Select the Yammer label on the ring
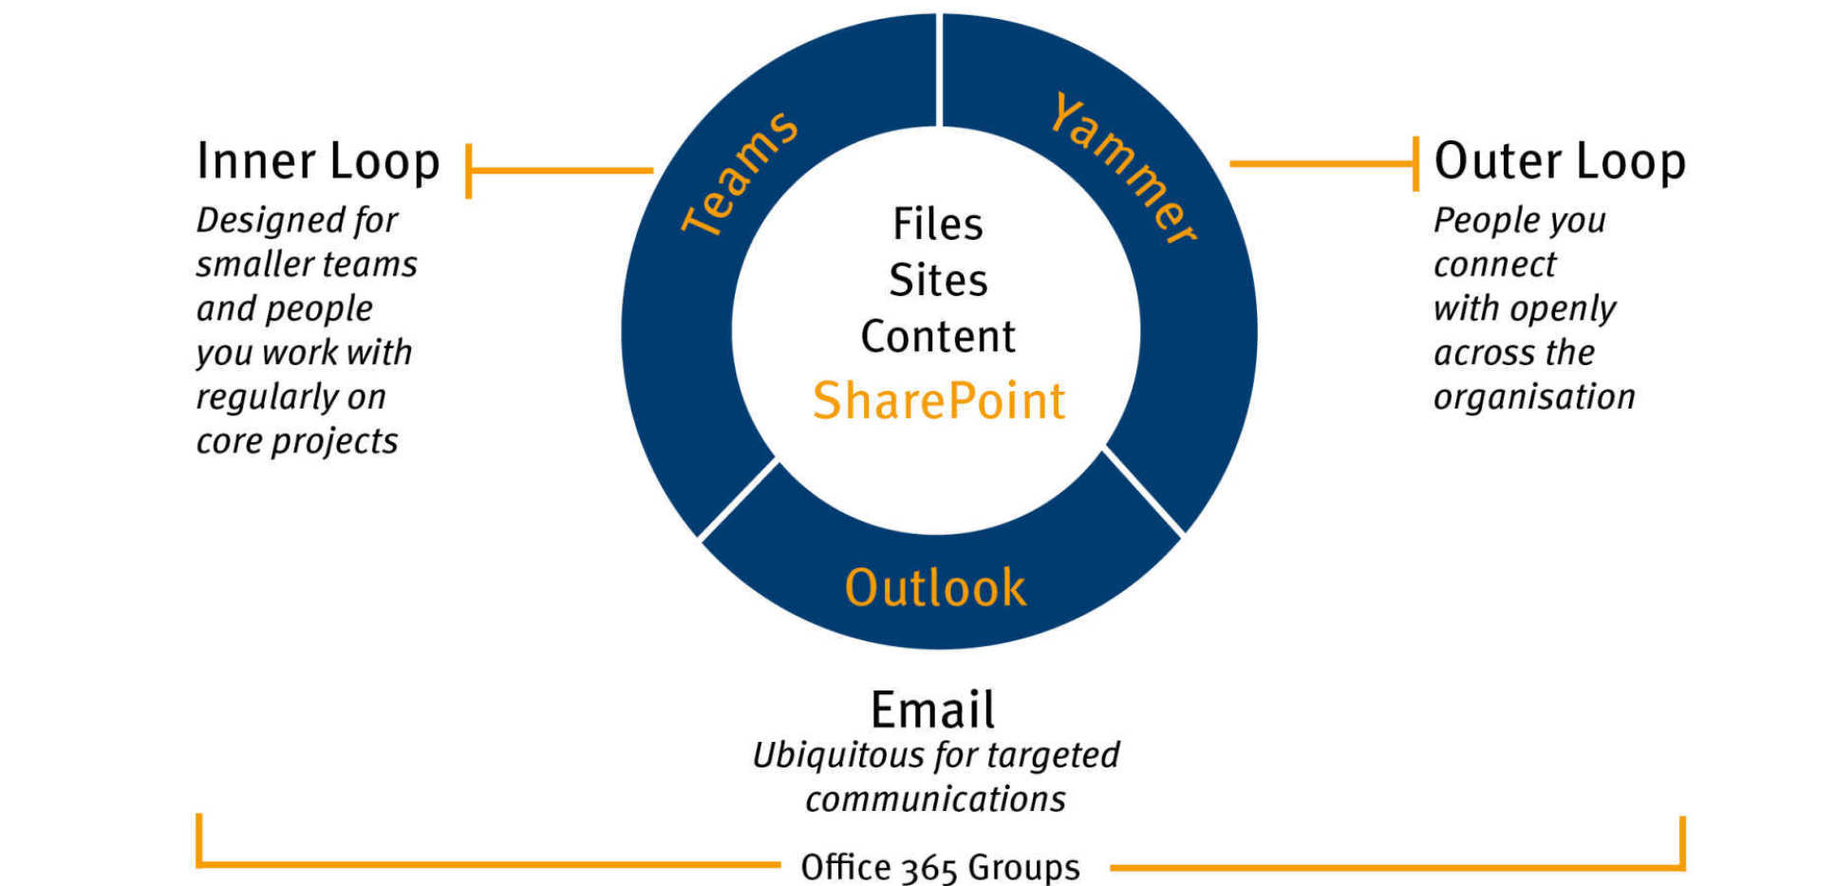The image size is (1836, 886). [1123, 169]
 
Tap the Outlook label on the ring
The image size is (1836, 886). [935, 588]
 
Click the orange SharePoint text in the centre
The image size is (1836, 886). [939, 401]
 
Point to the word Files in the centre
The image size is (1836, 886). [938, 225]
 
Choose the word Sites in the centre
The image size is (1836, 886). [938, 281]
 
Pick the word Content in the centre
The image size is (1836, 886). [938, 337]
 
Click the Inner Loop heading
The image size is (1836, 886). [318, 161]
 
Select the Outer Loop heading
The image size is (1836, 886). [1560, 161]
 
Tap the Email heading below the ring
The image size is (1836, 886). [933, 710]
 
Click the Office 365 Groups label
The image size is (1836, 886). [940, 867]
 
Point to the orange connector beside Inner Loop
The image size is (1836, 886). [560, 171]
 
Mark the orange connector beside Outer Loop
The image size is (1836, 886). [1322, 163]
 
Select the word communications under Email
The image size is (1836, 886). [935, 800]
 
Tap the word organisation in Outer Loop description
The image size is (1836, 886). [1534, 397]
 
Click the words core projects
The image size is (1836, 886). [297, 442]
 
